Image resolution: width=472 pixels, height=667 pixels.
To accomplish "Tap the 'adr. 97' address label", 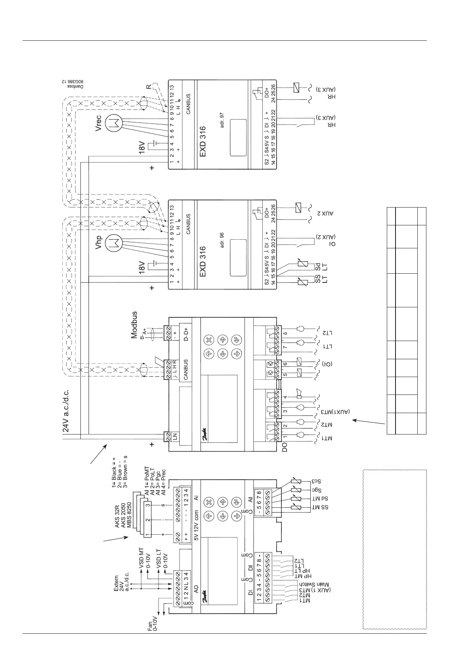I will coord(222,120).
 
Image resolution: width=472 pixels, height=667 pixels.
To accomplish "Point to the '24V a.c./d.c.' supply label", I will coord(67,410).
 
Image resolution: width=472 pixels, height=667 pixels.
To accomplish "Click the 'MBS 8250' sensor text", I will coord(129,515).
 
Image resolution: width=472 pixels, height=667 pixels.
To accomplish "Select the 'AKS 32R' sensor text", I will coord(117,515).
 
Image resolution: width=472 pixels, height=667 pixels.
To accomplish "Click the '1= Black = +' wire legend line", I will coord(114,474).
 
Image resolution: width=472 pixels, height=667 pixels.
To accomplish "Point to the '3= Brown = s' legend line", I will coord(125,474).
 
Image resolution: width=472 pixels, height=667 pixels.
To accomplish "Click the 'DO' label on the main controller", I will coord(285,448).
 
